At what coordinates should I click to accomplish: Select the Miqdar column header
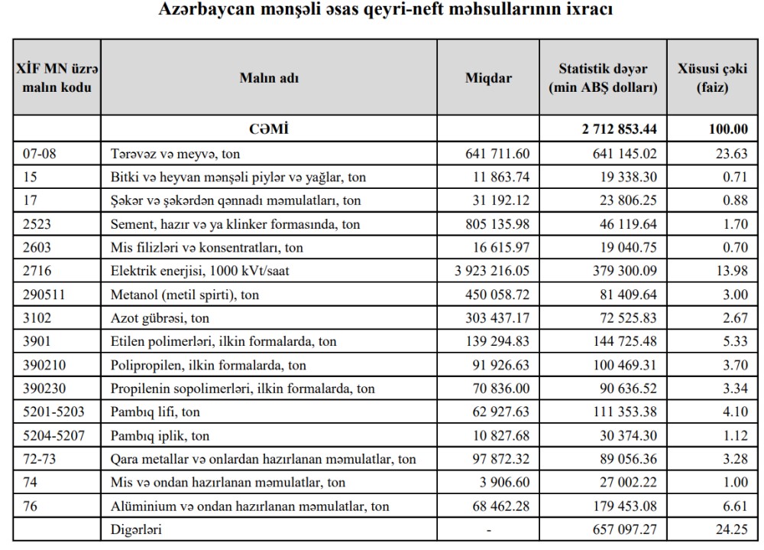click(488, 78)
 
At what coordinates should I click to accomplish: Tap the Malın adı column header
click(269, 78)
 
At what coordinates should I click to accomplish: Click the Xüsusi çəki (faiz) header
click(712, 78)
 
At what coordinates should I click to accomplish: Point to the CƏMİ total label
click(269, 129)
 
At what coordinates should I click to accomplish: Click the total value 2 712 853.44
click(618, 129)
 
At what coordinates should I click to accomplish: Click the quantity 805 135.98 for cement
click(497, 224)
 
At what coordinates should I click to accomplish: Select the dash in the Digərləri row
click(488, 529)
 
